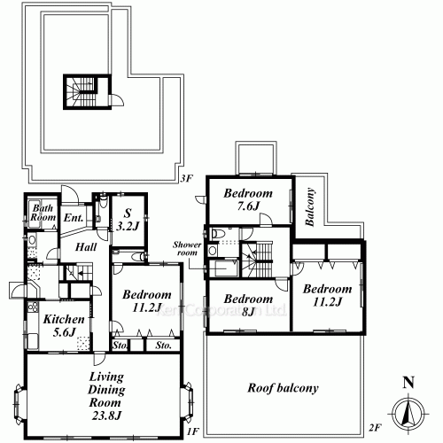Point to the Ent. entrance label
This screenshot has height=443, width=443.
[x=74, y=217]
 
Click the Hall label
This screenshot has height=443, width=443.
[x=85, y=248]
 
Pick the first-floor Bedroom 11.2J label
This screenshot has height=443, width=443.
[x=147, y=302]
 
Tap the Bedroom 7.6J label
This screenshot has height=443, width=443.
[x=246, y=200]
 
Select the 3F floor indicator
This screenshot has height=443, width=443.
[x=186, y=178]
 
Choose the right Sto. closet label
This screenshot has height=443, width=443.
[x=162, y=345]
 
